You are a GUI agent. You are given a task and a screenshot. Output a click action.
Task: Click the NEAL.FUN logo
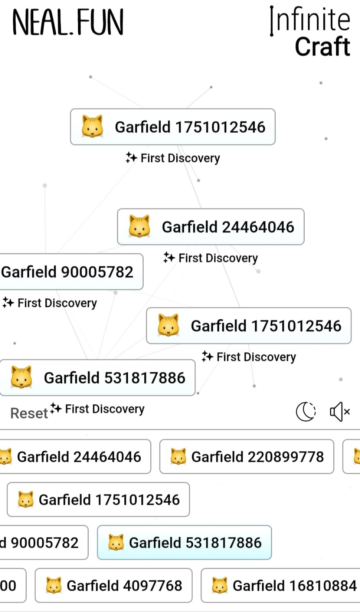(x=68, y=23)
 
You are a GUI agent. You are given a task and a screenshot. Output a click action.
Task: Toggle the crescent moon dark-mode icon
(x=305, y=412)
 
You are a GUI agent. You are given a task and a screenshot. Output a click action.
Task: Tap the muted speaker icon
(x=340, y=412)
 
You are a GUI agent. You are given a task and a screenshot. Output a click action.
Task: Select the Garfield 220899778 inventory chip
(x=246, y=457)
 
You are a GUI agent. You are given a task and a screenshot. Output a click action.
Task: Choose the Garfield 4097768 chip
(x=113, y=586)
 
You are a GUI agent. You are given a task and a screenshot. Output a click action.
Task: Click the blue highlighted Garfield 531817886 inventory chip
(x=184, y=543)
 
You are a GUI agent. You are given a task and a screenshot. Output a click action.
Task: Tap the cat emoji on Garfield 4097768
(x=53, y=586)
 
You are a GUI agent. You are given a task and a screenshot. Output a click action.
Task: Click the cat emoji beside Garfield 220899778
(x=178, y=457)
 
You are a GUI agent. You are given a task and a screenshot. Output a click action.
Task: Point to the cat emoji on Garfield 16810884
(x=220, y=586)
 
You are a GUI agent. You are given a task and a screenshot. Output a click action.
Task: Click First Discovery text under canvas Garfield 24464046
(x=218, y=258)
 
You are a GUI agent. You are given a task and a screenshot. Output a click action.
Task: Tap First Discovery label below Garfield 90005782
(x=57, y=303)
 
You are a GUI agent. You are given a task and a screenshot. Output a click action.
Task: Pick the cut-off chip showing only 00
(x=11, y=586)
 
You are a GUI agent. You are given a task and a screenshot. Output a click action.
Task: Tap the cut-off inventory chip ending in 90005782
(x=43, y=543)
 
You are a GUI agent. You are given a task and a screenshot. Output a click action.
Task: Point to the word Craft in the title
(x=322, y=47)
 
